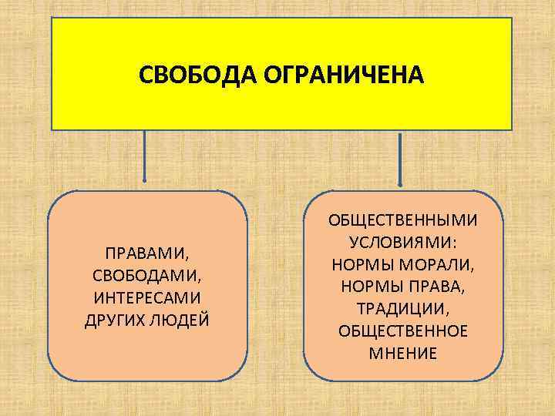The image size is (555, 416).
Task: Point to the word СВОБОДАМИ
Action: coord(147,274)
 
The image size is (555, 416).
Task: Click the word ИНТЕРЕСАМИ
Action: coord(147,297)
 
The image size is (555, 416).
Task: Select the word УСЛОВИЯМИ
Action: coord(400,242)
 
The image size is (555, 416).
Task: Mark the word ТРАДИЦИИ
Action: coord(402,309)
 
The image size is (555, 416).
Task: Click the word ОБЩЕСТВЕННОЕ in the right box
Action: coord(402,331)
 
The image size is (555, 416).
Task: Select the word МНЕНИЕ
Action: coord(402,354)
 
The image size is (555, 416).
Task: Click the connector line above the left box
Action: coord(144,158)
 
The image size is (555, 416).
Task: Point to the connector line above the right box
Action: coord(399,158)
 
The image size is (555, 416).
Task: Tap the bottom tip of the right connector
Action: coord(399,185)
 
